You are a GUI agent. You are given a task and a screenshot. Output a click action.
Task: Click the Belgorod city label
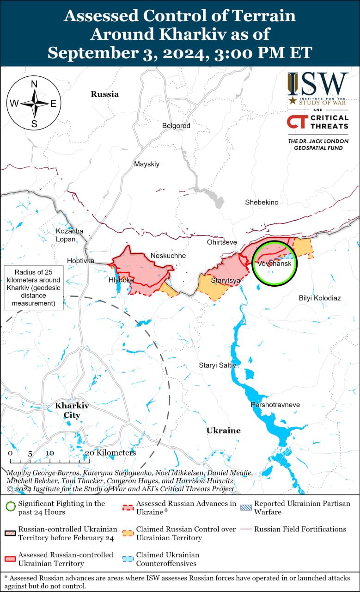point(176,125)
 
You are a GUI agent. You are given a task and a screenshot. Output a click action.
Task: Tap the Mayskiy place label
point(146,164)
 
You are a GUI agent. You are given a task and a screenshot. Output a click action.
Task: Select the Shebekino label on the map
point(262,202)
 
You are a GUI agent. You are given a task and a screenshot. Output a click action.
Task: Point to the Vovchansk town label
point(275,264)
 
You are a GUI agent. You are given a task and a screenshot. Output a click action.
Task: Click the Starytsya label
point(226,280)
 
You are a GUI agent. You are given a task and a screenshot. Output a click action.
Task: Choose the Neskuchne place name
point(168,255)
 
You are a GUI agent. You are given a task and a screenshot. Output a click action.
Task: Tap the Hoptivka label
point(80,261)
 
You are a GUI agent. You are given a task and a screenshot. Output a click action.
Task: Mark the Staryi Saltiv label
point(217,365)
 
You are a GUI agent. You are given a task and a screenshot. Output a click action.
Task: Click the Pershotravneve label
point(275,405)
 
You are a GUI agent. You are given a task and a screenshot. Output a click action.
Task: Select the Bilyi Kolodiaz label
point(320,298)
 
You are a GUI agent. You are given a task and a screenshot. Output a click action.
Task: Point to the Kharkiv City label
point(72,410)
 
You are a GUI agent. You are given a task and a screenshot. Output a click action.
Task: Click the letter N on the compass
point(34,84)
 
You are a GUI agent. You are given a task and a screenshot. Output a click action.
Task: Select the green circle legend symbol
point(10,507)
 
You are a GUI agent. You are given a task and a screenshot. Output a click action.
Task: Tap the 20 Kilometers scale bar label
point(110,453)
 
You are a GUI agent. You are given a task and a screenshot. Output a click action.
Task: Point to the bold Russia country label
point(104,94)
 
